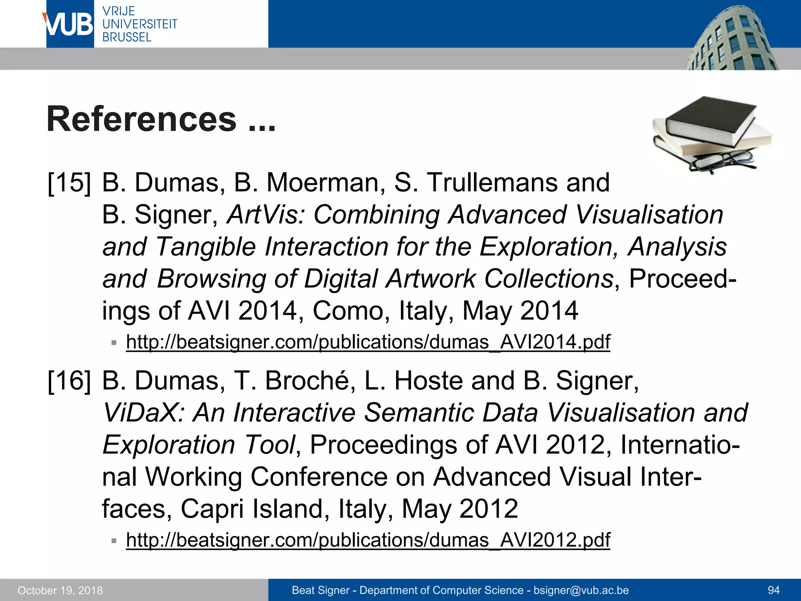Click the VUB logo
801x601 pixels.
[x=70, y=24]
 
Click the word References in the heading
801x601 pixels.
[x=142, y=119]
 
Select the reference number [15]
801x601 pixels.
[x=69, y=183]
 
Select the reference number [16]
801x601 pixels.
[x=69, y=381]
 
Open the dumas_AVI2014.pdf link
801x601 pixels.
[x=368, y=342]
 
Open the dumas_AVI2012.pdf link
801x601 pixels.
[x=368, y=540]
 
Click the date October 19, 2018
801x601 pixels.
[x=60, y=590]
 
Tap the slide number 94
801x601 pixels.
[x=774, y=590]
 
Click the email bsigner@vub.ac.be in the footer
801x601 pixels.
[x=581, y=590]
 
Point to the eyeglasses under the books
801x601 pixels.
[x=722, y=161]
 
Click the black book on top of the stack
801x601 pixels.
[x=710, y=119]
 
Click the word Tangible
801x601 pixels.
[x=206, y=247]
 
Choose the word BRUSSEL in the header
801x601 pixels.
[x=127, y=38]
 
